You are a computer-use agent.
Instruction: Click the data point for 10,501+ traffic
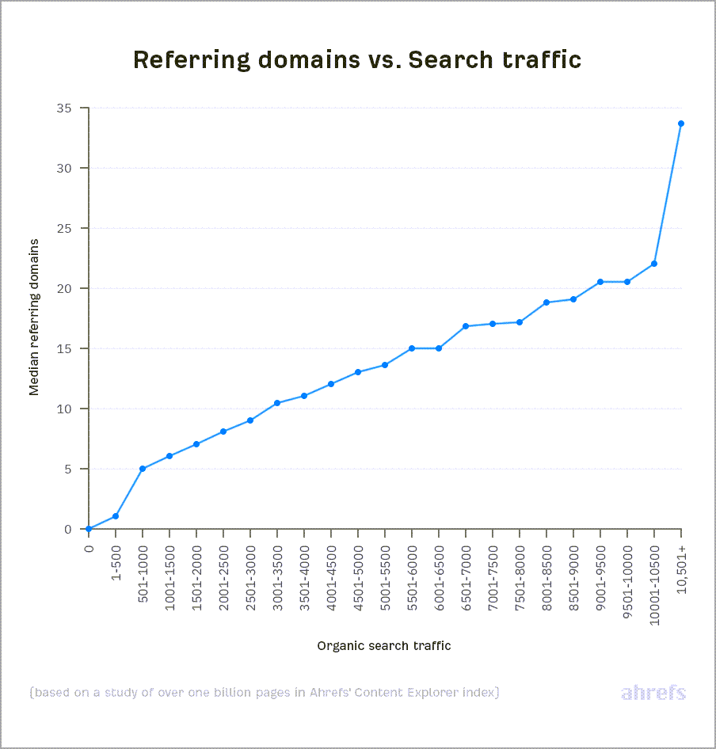[x=680, y=124]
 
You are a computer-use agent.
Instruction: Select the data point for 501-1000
[x=143, y=469]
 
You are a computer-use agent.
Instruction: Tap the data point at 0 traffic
[x=89, y=529]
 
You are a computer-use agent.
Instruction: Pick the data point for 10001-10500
[x=654, y=264]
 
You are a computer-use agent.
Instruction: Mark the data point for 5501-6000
[x=412, y=348]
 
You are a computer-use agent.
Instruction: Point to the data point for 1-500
[x=116, y=516]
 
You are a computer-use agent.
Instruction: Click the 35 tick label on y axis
[x=70, y=108]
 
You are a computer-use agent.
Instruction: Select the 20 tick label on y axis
[x=70, y=289]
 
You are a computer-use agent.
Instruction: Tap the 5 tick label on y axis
[x=74, y=470]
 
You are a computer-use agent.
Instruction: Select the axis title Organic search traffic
[x=384, y=645]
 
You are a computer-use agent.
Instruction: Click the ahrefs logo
[x=653, y=693]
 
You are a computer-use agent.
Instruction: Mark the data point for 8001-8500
[x=547, y=302]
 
